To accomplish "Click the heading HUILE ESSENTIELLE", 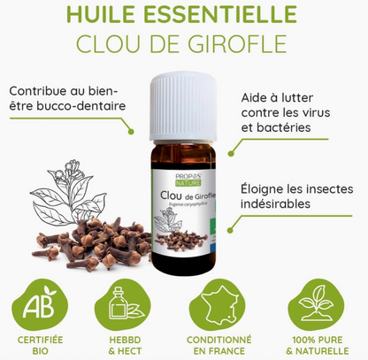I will tap(184, 16).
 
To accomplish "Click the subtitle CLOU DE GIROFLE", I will tap(184, 43).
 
